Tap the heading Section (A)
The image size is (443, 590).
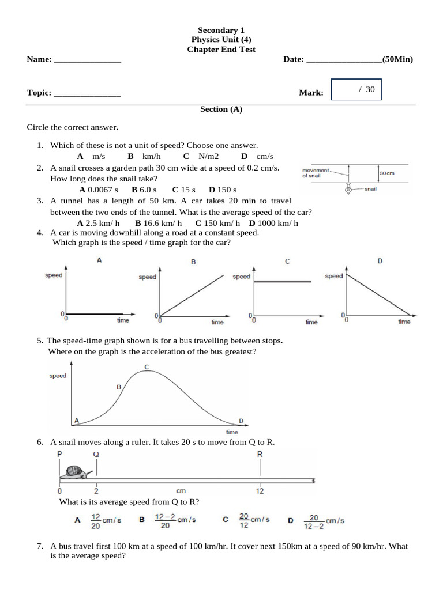221,109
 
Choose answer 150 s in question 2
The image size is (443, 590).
223,190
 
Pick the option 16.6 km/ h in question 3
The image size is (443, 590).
159,223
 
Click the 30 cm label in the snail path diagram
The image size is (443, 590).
386,173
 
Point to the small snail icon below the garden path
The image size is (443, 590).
348,190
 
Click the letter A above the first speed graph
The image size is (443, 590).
99,260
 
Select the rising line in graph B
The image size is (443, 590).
192,294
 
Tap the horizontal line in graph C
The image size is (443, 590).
283,282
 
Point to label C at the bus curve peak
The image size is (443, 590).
147,367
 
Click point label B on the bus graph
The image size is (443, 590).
119,387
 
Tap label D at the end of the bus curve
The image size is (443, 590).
241,420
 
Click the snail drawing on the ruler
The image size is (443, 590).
74,472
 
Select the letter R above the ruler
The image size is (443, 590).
260,454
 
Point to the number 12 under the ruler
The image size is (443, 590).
260,491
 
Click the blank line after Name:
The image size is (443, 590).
87,60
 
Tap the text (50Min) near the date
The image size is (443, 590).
397,59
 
